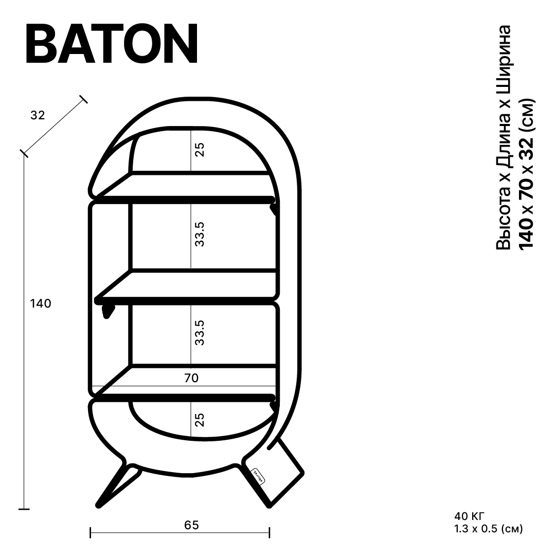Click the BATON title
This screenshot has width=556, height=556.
(111, 45)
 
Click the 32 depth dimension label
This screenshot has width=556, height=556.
(38, 115)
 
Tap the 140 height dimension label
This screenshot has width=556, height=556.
(41, 303)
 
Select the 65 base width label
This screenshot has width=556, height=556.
(191, 525)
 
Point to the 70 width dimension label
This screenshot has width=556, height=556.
(191, 378)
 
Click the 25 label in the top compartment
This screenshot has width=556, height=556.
(200, 149)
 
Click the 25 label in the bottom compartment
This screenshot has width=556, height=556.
(200, 419)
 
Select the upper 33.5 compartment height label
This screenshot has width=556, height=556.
(200, 234)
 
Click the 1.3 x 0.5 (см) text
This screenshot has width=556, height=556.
(488, 529)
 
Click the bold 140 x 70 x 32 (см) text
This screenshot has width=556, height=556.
(528, 172)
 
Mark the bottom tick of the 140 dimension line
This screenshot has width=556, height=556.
(24, 509)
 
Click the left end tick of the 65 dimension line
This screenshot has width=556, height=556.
(91, 532)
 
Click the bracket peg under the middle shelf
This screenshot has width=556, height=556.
(107, 311)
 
